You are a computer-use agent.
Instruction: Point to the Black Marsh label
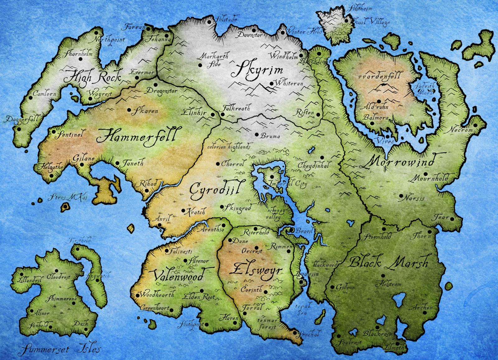389,262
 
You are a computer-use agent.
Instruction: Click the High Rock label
92,77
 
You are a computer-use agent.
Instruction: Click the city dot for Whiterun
272,83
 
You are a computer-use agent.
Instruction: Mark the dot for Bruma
256,135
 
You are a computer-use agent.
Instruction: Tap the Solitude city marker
209,22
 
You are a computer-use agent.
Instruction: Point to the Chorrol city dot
218,164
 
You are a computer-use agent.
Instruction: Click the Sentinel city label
70,134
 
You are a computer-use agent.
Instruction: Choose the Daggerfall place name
22,119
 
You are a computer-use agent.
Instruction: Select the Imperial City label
288,183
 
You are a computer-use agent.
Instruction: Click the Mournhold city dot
425,174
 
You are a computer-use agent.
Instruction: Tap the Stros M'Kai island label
68,197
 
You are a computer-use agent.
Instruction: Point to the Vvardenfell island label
380,76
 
